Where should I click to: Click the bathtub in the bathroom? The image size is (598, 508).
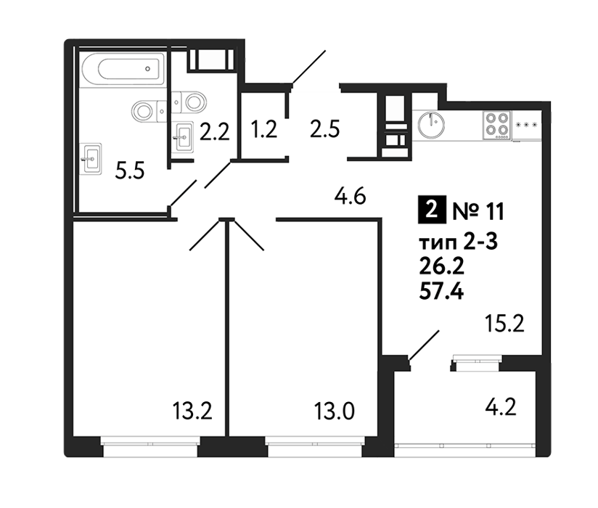(x=123, y=69)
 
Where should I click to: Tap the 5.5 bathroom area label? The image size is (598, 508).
(x=130, y=171)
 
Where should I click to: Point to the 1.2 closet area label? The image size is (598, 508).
(x=263, y=129)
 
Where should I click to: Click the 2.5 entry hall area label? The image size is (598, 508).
(x=324, y=129)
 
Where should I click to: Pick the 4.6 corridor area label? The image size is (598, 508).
(x=350, y=197)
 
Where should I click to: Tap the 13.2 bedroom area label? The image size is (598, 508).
(x=192, y=411)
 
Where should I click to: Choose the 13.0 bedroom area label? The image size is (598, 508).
(x=334, y=411)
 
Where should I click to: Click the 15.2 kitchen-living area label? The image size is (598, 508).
(x=504, y=324)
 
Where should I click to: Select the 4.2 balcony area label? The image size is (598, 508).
(x=501, y=407)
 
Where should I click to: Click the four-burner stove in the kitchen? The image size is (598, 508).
(x=497, y=125)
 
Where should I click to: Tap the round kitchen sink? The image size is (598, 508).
(x=431, y=125)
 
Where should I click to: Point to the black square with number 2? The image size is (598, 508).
(x=432, y=210)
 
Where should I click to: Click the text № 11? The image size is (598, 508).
(x=478, y=211)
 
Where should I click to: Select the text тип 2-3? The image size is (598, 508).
(x=458, y=242)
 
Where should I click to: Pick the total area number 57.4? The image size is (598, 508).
(x=441, y=292)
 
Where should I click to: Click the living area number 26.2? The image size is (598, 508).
(x=442, y=267)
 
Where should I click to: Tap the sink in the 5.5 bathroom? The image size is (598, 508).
(x=91, y=159)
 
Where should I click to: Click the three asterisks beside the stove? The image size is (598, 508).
(x=526, y=125)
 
